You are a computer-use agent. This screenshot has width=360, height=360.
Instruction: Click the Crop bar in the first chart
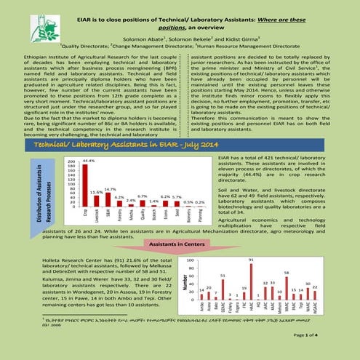85,185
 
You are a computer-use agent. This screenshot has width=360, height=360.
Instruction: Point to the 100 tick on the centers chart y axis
190,260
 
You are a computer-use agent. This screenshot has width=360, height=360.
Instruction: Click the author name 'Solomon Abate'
142,35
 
